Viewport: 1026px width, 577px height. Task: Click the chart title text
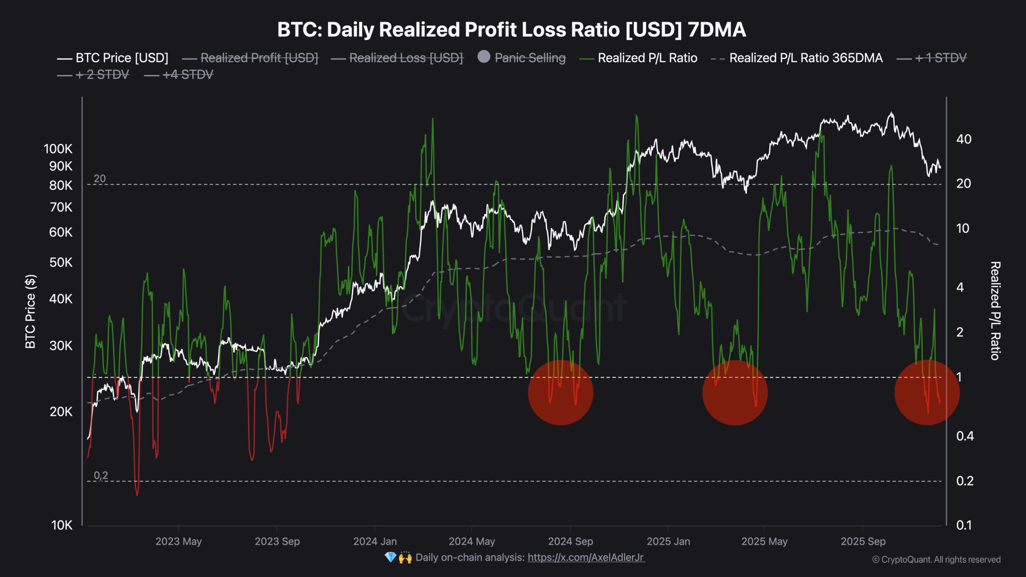511,30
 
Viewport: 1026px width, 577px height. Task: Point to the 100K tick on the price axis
58,149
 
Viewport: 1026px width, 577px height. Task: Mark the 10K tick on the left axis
62,525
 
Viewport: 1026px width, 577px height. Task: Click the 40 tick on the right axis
963,139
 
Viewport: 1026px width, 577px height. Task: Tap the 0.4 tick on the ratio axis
965,436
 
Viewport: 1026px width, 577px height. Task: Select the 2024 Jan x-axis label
375,542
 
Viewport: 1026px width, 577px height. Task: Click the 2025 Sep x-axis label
863,542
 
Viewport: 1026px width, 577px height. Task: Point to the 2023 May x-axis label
178,542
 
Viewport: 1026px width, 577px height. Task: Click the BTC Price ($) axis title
30,311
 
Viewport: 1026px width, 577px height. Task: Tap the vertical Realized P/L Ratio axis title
995,311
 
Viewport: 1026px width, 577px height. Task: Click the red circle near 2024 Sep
560,393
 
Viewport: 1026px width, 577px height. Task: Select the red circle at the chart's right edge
927,393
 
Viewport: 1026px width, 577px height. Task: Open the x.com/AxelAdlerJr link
586,557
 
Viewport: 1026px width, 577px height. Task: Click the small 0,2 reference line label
101,476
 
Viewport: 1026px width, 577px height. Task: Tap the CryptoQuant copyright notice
936,560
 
